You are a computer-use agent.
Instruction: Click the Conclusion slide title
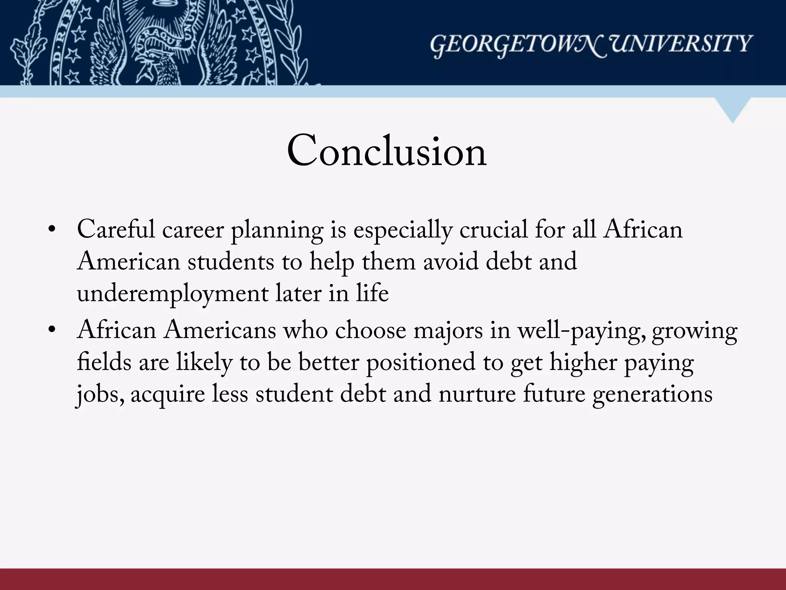point(386,151)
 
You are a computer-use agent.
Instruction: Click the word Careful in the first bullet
point(116,230)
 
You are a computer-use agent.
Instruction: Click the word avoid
point(451,262)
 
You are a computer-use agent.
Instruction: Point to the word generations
point(652,395)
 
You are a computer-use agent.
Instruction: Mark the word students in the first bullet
point(231,262)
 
